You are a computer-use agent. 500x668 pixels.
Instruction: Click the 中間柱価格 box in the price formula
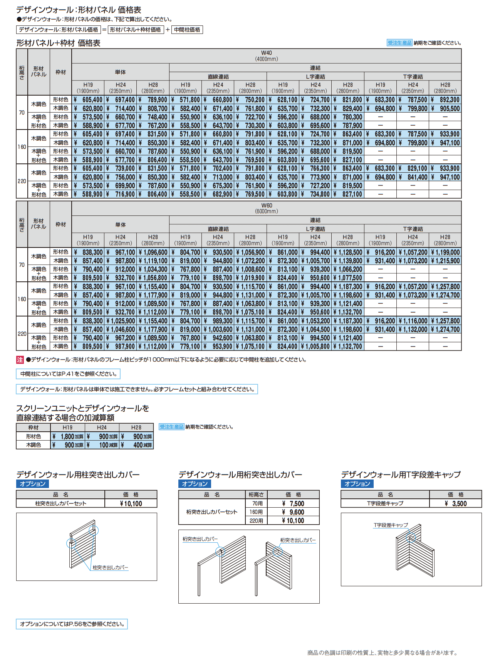187,30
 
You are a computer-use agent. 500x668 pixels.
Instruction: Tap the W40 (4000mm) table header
266,56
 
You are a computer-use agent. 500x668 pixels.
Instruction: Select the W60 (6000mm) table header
266,208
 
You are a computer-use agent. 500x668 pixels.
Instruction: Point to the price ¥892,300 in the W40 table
446,100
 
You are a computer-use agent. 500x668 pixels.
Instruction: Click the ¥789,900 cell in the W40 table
153,100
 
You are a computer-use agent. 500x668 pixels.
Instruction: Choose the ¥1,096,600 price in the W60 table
153,252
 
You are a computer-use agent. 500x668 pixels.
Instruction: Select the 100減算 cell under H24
102,445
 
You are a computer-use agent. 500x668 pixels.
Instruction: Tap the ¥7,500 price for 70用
294,503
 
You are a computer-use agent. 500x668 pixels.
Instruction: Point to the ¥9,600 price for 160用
294,512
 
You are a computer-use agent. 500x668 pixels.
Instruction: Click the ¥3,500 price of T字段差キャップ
456,503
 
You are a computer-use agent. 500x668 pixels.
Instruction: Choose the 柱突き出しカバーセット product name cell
60,503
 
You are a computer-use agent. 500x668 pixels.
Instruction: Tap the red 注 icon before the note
20,360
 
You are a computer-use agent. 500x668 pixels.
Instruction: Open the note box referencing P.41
68,374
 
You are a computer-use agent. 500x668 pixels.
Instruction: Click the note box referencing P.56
72,624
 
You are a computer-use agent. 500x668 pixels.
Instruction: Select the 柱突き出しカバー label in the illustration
110,567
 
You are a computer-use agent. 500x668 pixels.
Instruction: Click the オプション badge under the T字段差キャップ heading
357,484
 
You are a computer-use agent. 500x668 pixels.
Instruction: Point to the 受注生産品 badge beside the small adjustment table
171,427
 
